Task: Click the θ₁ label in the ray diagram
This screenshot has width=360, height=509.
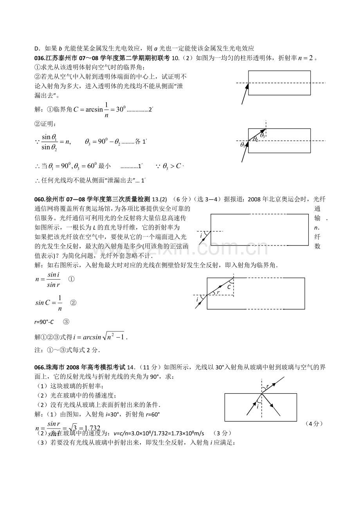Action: click(x=243, y=145)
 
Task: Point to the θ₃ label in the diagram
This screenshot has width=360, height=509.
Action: click(x=263, y=136)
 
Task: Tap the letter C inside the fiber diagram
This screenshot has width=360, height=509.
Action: click(x=229, y=287)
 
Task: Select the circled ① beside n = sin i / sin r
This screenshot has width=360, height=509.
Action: click(x=71, y=279)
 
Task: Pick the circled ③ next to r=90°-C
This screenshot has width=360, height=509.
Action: click(x=66, y=322)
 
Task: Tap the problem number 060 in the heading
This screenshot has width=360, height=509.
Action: click(x=40, y=199)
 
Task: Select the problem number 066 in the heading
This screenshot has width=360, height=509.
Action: click(x=40, y=367)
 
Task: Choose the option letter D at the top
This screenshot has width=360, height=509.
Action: click(x=37, y=48)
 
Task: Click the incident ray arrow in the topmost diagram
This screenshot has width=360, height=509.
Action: click(x=245, y=94)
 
